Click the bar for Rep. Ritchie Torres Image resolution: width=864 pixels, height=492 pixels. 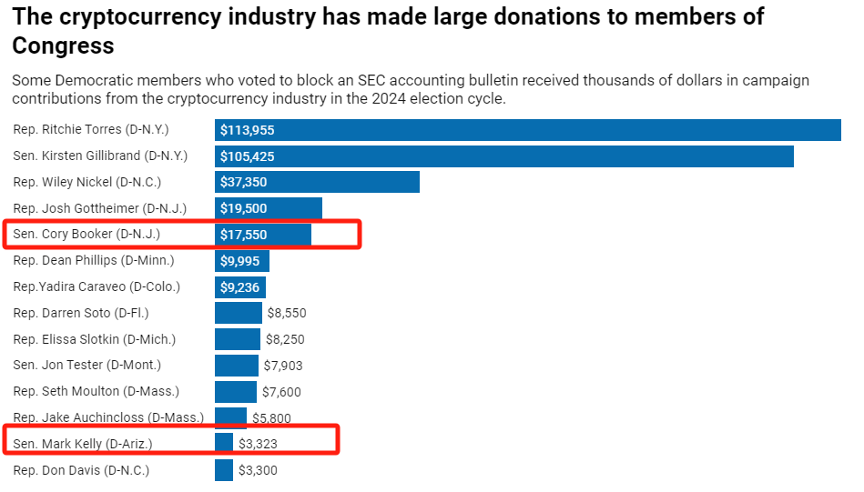(x=528, y=130)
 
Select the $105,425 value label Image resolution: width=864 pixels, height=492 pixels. (x=247, y=156)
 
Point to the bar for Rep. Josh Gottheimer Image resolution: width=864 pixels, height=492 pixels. (x=269, y=208)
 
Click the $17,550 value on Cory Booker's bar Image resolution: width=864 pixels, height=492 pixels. (x=243, y=235)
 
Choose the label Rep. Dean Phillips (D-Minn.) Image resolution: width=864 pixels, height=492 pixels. (x=94, y=261)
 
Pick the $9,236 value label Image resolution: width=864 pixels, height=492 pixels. (x=240, y=287)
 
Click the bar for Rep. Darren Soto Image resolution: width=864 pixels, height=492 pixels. (x=238, y=313)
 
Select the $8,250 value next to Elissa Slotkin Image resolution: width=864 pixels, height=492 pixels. (x=285, y=339)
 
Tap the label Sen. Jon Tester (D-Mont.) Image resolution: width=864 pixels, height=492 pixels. (x=87, y=366)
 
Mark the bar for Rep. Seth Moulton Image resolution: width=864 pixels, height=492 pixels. (x=235, y=392)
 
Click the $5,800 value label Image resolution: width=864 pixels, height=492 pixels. (x=272, y=418)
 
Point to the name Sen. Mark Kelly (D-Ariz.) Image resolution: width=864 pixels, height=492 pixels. (x=83, y=444)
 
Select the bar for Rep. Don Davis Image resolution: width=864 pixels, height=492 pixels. (x=224, y=470)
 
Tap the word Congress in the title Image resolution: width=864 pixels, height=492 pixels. (x=63, y=46)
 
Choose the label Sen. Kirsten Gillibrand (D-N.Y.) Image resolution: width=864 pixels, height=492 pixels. (x=100, y=156)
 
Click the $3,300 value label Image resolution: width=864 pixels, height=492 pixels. (x=258, y=471)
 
